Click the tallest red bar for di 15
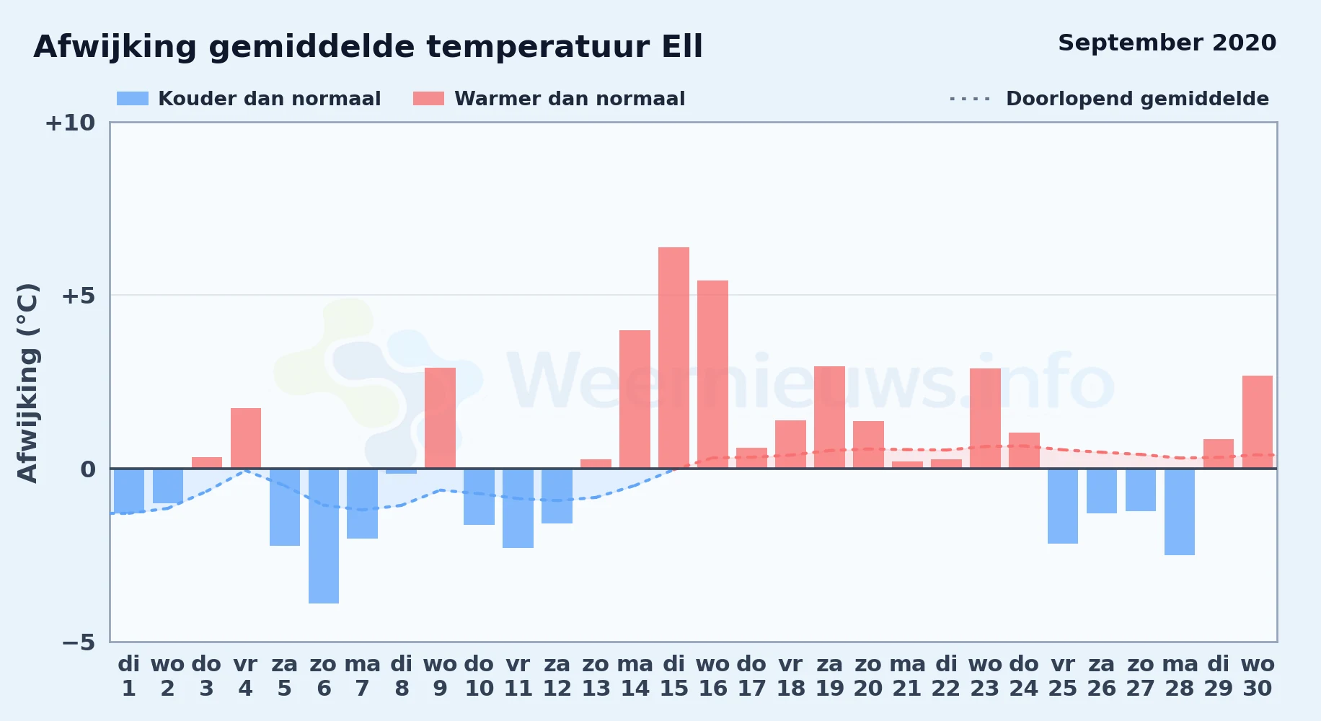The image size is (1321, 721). [x=673, y=358]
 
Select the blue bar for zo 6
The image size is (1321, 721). [x=324, y=536]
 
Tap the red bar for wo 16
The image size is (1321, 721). [x=712, y=374]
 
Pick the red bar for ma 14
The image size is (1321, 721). [x=635, y=399]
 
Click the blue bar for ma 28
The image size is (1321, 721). [x=1180, y=512]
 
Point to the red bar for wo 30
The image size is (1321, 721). [x=1258, y=422]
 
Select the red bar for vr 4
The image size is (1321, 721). [x=246, y=438]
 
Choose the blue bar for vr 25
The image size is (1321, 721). [x=1063, y=506]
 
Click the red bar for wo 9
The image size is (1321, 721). [x=440, y=418]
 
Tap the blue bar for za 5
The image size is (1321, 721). [x=285, y=507]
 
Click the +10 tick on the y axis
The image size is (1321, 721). [x=70, y=123]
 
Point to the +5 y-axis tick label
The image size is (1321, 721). [x=78, y=296]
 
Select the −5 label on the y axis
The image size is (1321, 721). [x=78, y=642]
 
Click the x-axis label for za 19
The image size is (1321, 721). [x=829, y=676]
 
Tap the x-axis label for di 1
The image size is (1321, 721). [x=129, y=676]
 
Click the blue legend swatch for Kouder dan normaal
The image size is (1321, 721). [x=133, y=99]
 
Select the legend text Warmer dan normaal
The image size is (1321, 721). [x=570, y=99]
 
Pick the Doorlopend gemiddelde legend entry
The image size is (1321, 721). [x=1109, y=99]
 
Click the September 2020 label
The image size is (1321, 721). [x=1167, y=43]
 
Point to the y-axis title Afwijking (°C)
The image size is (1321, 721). [x=27, y=383]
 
